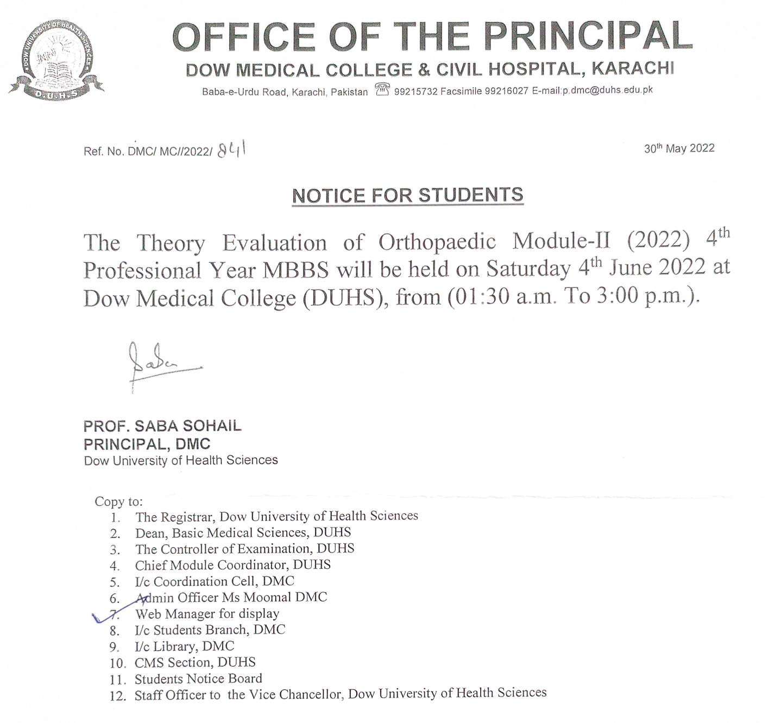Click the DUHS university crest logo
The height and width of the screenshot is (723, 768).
pyautogui.click(x=57, y=60)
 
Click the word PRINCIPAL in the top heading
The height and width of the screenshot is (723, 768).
pyautogui.click(x=588, y=37)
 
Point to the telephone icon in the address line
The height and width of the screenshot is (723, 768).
pyautogui.click(x=382, y=90)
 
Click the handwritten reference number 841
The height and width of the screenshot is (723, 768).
pyautogui.click(x=231, y=149)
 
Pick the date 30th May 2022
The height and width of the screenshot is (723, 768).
pyautogui.click(x=679, y=148)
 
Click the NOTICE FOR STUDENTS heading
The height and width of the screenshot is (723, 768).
pyautogui.click(x=407, y=195)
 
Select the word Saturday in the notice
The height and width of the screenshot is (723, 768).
pyautogui.click(x=528, y=269)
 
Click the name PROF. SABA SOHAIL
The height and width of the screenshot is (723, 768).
pyautogui.click(x=162, y=426)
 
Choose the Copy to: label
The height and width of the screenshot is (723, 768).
pyautogui.click(x=118, y=501)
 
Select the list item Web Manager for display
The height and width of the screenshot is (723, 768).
pyautogui.click(x=207, y=614)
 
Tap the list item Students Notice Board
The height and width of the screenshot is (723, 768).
pyautogui.click(x=198, y=678)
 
